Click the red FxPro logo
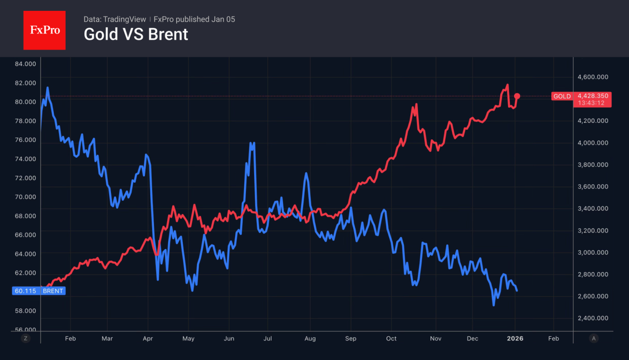(x=44, y=30)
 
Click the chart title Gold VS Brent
(x=136, y=34)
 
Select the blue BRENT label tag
(x=52, y=291)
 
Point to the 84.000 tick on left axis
(x=25, y=64)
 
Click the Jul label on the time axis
(x=267, y=338)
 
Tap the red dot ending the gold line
(x=517, y=96)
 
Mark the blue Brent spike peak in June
(x=254, y=143)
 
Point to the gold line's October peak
(x=416, y=104)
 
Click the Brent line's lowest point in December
(x=493, y=305)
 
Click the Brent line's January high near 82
(x=48, y=87)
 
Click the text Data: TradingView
(x=115, y=19)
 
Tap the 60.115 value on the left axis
(x=25, y=291)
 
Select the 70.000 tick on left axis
(x=25, y=197)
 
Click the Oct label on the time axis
(x=391, y=338)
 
